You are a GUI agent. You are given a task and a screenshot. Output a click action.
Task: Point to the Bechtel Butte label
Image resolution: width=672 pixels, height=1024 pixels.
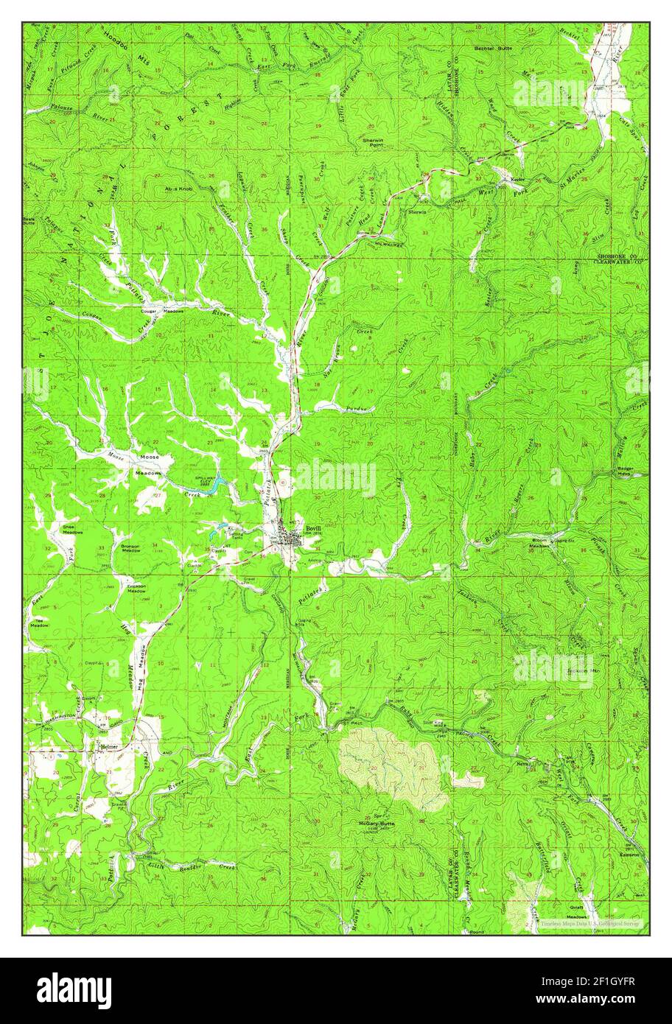[493, 46]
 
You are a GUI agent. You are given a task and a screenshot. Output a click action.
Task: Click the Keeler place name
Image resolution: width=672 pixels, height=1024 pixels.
[509, 179]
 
